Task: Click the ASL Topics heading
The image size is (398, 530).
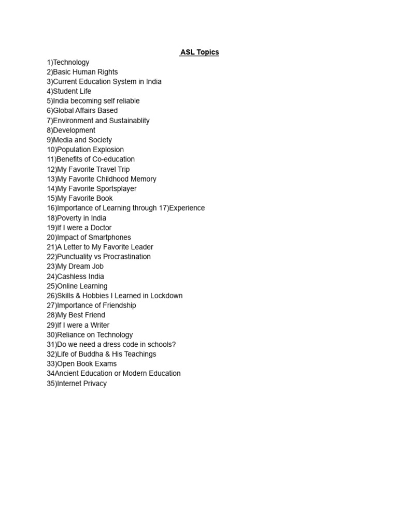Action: [200, 52]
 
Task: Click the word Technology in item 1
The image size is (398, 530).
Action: [71, 62]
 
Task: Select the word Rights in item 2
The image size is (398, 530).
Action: [107, 72]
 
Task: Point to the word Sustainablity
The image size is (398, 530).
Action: [124, 121]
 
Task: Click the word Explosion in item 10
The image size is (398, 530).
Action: [107, 150]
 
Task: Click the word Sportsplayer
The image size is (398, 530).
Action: [117, 188]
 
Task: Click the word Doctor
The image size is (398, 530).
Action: [101, 228]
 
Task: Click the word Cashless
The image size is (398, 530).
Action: [72, 276]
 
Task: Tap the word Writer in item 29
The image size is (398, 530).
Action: [99, 325]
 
